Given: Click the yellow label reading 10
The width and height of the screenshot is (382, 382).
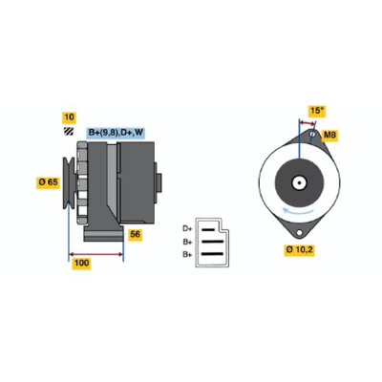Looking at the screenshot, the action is [x=69, y=117].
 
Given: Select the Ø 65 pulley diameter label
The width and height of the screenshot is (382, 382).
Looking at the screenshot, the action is [x=48, y=182].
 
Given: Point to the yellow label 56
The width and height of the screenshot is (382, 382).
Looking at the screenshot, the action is [x=135, y=235].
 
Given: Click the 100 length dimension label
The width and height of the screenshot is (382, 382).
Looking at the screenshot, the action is [x=81, y=264].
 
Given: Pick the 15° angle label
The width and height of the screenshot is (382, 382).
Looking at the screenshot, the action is [x=317, y=111].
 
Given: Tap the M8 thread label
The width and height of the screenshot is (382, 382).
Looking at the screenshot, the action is [x=329, y=136].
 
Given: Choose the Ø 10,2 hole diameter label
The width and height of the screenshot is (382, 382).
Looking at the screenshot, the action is [x=299, y=250].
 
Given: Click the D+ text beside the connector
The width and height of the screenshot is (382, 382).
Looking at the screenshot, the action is [x=187, y=228].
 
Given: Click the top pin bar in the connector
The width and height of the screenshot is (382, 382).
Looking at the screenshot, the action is [x=208, y=229].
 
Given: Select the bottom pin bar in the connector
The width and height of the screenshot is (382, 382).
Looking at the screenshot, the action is [x=212, y=254].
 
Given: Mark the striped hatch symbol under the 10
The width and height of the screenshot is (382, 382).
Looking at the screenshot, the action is [x=69, y=131].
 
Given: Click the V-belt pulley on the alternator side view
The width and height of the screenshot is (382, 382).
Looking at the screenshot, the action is [x=69, y=182].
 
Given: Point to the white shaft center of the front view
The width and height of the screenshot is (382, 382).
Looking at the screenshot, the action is [x=299, y=183].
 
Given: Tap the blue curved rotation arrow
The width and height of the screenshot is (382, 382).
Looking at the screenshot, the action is [x=299, y=212].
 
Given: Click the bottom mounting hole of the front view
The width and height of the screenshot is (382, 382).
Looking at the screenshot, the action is [x=299, y=233].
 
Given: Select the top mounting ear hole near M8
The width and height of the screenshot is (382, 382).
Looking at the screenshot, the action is [x=312, y=134].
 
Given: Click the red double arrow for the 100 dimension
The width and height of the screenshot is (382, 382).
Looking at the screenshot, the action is [x=96, y=254].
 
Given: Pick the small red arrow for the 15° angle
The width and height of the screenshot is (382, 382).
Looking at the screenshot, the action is [x=308, y=123].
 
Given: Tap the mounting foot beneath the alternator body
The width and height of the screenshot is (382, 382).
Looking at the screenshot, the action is [x=104, y=233].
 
